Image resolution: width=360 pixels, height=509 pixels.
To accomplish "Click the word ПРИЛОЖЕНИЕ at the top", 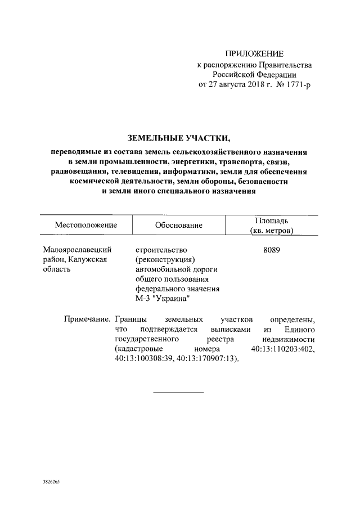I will click(254, 54).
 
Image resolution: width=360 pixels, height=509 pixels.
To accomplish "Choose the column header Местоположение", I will click(85, 225).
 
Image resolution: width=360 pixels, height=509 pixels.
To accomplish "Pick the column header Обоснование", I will click(178, 226).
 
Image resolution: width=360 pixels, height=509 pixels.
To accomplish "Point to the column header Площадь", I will click(272, 220).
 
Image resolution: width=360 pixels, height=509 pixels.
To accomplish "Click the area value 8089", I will click(272, 249).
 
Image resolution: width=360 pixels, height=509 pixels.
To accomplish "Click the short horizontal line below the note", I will click(178, 391).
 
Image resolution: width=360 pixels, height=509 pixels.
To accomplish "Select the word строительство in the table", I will click(160, 249).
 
